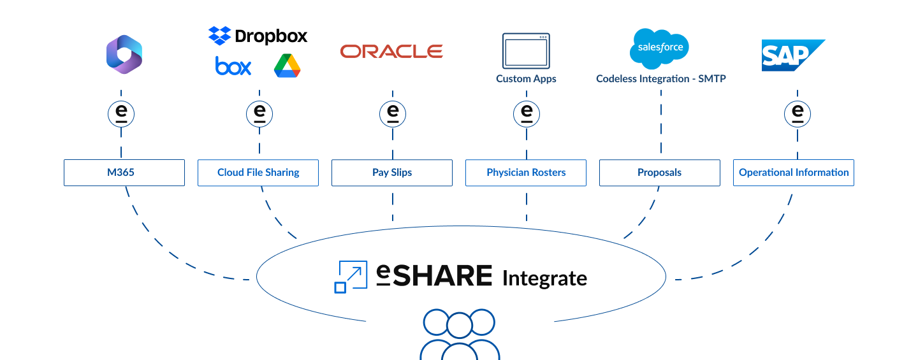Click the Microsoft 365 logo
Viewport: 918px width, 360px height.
click(x=124, y=55)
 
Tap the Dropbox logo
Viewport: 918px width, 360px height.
click(x=258, y=36)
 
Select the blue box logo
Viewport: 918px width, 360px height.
click(x=233, y=66)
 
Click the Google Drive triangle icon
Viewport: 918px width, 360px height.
click(x=287, y=66)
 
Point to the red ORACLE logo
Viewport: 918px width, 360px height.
click(x=391, y=52)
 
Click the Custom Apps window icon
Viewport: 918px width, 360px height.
click(x=526, y=51)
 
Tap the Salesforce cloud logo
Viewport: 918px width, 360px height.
click(x=659, y=48)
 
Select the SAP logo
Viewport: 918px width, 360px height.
click(x=790, y=55)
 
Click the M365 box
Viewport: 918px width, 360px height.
click(x=124, y=173)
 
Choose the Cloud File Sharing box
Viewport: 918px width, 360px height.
click(x=258, y=173)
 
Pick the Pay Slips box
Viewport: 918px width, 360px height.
click(x=392, y=173)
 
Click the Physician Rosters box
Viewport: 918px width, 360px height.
click(x=526, y=173)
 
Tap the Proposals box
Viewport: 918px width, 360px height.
click(x=660, y=173)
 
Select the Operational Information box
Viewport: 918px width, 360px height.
click(x=794, y=173)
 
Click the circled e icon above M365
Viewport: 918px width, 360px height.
click(x=121, y=114)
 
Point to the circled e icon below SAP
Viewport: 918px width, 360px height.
click(x=797, y=114)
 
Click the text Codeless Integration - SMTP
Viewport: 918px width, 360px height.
click(x=661, y=79)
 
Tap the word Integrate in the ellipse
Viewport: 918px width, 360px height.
click(x=544, y=278)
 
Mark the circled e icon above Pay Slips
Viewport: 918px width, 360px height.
click(x=393, y=114)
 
